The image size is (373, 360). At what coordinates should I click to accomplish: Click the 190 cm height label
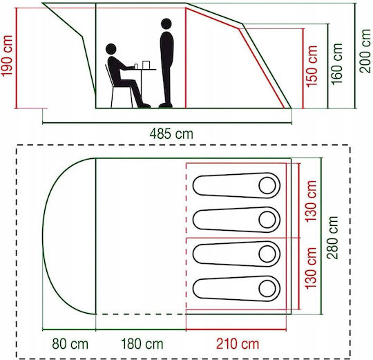tap(7, 56)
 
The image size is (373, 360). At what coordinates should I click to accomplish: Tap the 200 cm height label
tap(365, 51)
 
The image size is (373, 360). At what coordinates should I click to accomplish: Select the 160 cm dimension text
tap(336, 64)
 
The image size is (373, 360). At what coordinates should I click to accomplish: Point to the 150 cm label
tap(312, 66)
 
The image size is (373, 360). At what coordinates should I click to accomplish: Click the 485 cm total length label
tap(171, 134)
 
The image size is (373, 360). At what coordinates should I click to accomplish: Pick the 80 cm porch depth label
tap(70, 344)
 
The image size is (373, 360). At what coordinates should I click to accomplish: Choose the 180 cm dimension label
tap(142, 344)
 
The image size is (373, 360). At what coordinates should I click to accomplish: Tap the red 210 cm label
tap(238, 344)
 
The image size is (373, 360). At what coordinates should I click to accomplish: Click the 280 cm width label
tap(332, 238)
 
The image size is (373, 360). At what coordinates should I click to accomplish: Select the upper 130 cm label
tap(311, 202)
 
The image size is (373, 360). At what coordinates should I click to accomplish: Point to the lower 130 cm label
tap(311, 268)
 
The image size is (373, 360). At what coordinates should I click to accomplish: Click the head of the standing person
tap(166, 24)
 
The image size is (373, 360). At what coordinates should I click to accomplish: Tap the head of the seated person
tap(111, 49)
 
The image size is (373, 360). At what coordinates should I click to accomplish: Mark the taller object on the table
tap(146, 65)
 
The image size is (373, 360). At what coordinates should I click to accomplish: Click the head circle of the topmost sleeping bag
tap(267, 185)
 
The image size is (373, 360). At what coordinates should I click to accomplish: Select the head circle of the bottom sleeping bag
tap(267, 289)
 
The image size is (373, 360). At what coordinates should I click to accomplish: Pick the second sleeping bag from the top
tap(236, 220)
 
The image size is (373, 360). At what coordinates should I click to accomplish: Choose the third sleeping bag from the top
tap(236, 254)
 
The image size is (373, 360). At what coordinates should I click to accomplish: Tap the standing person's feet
tap(166, 105)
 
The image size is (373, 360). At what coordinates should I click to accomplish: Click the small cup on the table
tap(136, 66)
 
